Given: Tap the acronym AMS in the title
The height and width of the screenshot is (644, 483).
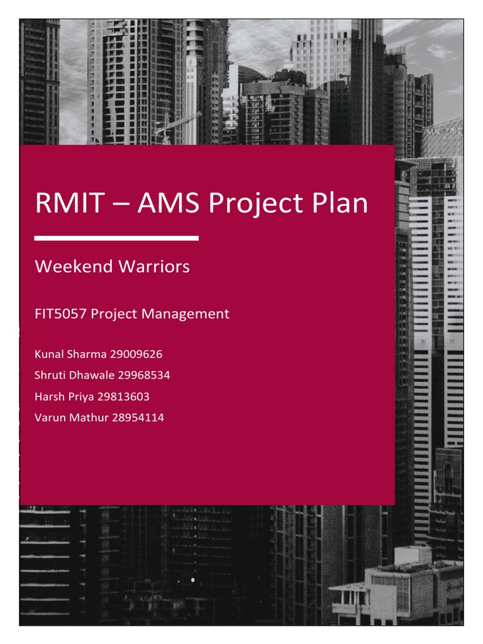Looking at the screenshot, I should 166,204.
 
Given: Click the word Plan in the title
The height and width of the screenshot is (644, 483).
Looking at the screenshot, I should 340,204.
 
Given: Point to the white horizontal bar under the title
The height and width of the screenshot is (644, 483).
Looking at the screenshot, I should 116,238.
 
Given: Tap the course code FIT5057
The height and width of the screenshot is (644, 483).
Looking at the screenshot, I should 61,313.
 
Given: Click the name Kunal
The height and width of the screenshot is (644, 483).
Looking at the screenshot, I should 49,355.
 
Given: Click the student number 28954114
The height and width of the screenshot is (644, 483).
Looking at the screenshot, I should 137,417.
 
